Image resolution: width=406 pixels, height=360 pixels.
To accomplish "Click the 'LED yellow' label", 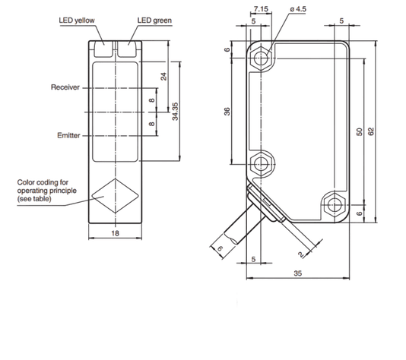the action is [77, 21].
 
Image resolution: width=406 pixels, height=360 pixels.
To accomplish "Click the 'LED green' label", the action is [154, 21].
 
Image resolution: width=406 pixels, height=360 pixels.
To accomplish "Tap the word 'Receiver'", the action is [65, 87].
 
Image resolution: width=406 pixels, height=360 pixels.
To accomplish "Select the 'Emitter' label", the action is [68, 135].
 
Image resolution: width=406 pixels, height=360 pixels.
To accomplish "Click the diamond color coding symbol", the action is [116, 196].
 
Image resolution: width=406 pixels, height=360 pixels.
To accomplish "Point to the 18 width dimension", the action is [116, 233].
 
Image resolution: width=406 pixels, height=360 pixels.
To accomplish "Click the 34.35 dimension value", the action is [176, 112].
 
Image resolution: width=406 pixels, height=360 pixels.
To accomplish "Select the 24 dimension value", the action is [163, 77].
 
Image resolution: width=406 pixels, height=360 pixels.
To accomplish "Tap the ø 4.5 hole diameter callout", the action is [298, 9].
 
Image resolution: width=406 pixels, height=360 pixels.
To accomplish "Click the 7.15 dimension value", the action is [261, 9].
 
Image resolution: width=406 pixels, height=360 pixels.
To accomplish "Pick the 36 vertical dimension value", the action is [227, 112].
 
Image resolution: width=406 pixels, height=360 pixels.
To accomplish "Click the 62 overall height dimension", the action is [371, 131].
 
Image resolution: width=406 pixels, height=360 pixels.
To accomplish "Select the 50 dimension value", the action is [360, 132].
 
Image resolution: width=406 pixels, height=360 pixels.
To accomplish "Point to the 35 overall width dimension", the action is [298, 273].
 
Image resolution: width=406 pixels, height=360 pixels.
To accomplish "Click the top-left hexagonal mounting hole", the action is [261, 58].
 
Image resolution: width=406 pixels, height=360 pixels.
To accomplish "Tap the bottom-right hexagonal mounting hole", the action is [335, 205].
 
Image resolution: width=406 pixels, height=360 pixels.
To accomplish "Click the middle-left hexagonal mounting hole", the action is [261, 164].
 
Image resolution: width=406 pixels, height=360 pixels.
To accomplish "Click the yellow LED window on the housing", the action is [103, 49].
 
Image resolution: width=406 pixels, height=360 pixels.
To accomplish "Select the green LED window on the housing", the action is [127, 49].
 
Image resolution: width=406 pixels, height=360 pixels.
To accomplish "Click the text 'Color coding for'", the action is [43, 182].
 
